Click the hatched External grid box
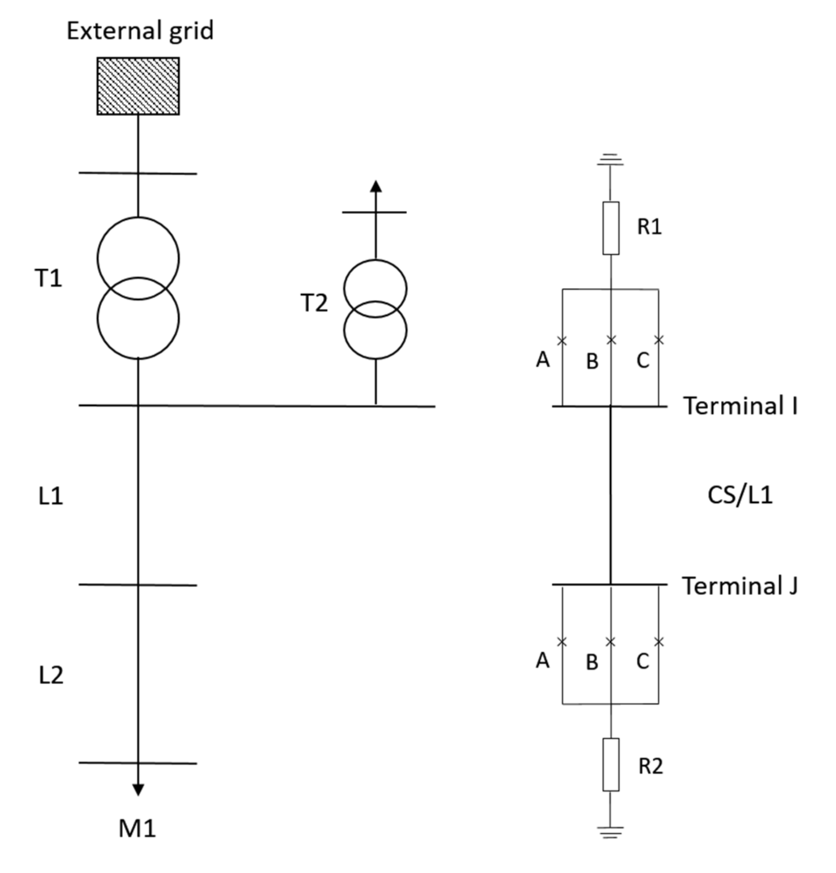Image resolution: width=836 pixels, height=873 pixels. click(138, 86)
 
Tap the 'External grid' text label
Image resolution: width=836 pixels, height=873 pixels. click(140, 31)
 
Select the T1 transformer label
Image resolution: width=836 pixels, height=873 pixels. click(48, 278)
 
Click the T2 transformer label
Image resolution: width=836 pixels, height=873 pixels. click(314, 303)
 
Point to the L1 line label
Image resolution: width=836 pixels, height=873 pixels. click(50, 496)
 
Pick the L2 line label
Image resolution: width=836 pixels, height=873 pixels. click(51, 675)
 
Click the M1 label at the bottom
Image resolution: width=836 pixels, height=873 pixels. click(137, 829)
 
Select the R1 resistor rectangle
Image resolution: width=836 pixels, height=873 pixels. click(611, 228)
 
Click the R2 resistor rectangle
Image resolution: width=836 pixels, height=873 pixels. click(611, 764)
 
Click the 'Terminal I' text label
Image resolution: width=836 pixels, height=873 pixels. click(740, 406)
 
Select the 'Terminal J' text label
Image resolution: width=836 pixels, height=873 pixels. click(740, 586)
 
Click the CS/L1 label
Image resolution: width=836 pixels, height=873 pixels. click(740, 495)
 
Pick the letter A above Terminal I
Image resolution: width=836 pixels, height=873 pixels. click(542, 359)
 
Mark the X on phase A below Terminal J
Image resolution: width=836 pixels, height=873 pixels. click(562, 642)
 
